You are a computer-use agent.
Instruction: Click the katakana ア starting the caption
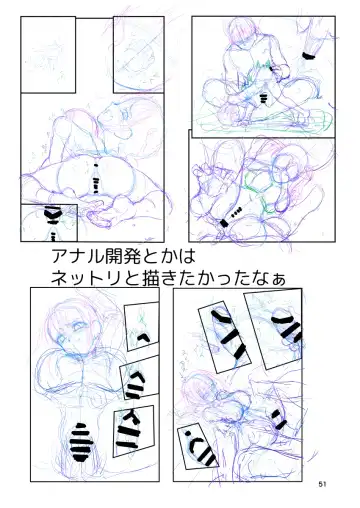[x=59, y=256]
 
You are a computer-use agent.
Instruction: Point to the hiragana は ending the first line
[x=187, y=256]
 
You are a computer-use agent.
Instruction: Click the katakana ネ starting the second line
[x=59, y=278]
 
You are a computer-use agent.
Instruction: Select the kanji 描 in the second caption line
[x=150, y=278]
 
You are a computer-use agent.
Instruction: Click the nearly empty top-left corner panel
[x=48, y=55]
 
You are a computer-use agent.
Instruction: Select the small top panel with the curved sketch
[x=139, y=55]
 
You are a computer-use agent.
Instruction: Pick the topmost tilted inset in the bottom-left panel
[x=142, y=326]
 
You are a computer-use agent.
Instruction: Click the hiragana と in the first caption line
[x=150, y=256]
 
